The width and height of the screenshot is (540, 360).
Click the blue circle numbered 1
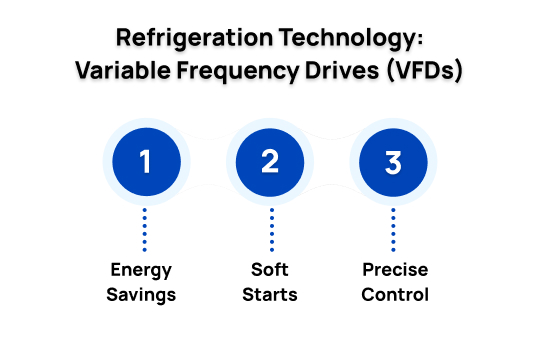click(146, 161)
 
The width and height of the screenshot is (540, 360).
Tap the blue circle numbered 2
click(270, 161)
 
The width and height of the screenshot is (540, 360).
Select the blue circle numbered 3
click(394, 161)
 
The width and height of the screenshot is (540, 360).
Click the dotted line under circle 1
click(146, 230)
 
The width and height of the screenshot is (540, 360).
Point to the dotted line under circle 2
click(270, 230)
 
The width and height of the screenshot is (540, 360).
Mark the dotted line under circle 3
click(394, 230)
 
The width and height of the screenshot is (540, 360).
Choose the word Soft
click(270, 271)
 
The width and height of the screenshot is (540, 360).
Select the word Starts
click(270, 295)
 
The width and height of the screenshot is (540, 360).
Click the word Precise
click(394, 271)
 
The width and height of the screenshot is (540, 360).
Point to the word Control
click(394, 295)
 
